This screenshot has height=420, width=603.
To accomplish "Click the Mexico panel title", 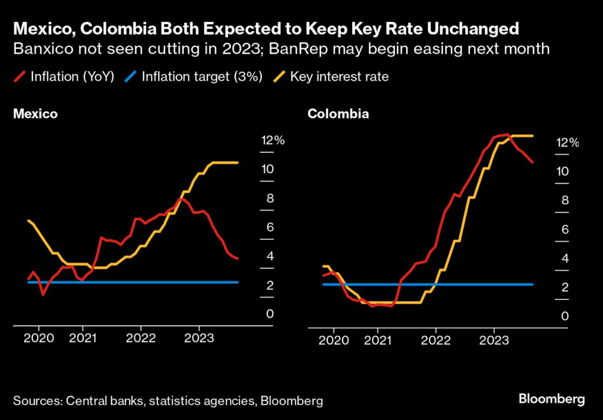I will pyautogui.click(x=35, y=114).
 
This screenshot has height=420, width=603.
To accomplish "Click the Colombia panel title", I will pyautogui.click(x=338, y=114).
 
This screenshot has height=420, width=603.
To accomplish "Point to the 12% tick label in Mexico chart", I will pyautogui.click(x=273, y=140).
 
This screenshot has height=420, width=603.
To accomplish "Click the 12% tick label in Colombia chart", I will pyautogui.click(x=567, y=143).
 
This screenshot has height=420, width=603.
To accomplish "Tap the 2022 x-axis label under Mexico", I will pyautogui.click(x=140, y=339).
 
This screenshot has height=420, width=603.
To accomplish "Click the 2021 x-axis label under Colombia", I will pyautogui.click(x=376, y=341).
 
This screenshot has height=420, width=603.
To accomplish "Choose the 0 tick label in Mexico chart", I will pyautogui.click(x=270, y=314).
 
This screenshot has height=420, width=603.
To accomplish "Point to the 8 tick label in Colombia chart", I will pyautogui.click(x=564, y=200).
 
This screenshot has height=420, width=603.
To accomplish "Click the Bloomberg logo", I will pyautogui.click(x=552, y=399).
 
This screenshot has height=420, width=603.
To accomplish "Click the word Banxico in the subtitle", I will pyautogui.click(x=37, y=49).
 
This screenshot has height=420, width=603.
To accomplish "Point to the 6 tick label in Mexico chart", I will pyautogui.click(x=270, y=227).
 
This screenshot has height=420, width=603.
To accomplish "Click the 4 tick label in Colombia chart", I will pyautogui.click(x=564, y=258).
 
